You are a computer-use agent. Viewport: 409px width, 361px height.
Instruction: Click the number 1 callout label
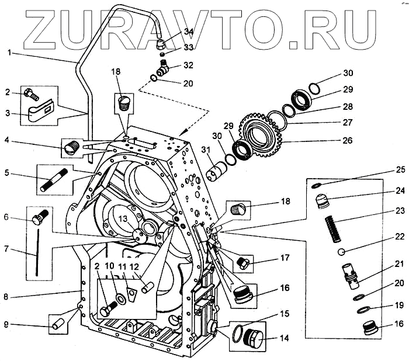pyautogui.click(x=10, y=53)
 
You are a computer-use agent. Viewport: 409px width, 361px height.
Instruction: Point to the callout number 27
pyautogui.click(x=349, y=124)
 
